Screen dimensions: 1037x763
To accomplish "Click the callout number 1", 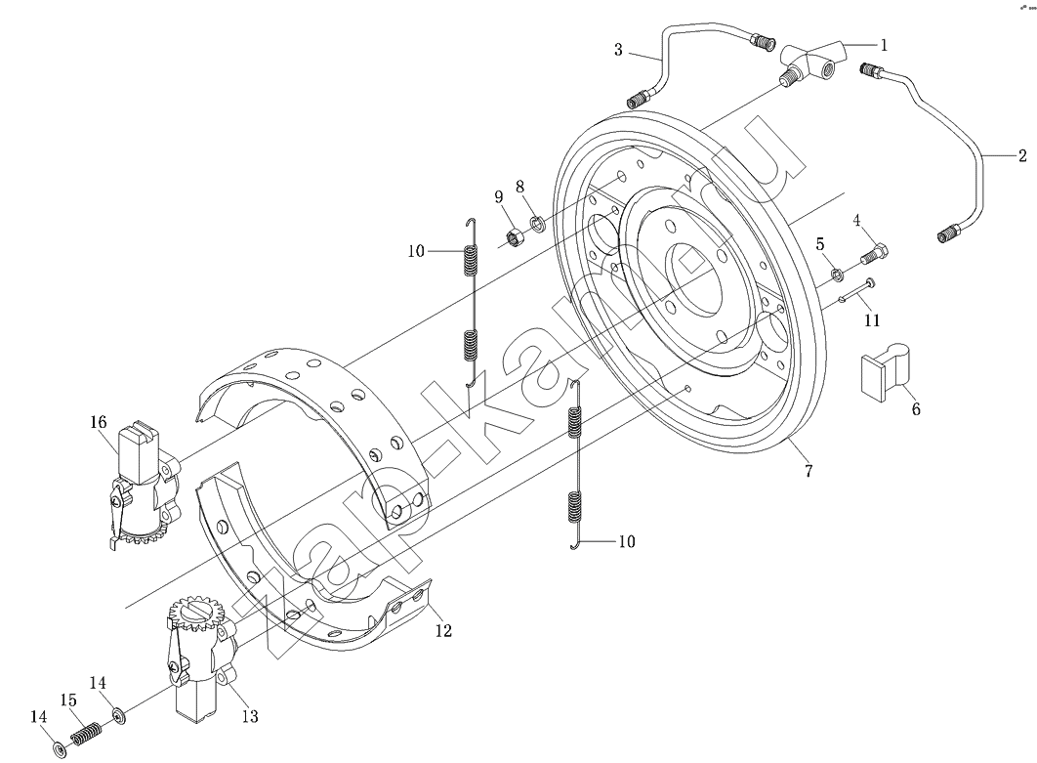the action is [x=884, y=45].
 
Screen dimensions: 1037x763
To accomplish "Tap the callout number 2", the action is [x=1022, y=156].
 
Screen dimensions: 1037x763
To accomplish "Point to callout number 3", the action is [x=618, y=50].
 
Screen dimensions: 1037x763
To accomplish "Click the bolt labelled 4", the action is [x=873, y=253].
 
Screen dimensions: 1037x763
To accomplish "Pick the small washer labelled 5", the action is [x=837, y=273].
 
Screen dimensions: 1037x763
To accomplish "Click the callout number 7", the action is [x=809, y=471].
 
